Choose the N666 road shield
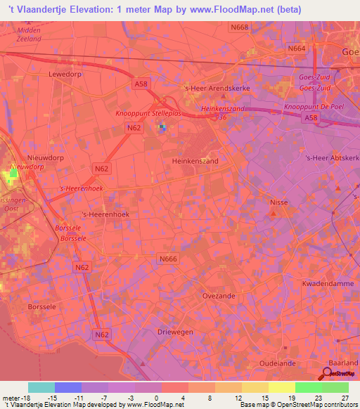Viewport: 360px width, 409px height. click(x=168, y=259)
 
